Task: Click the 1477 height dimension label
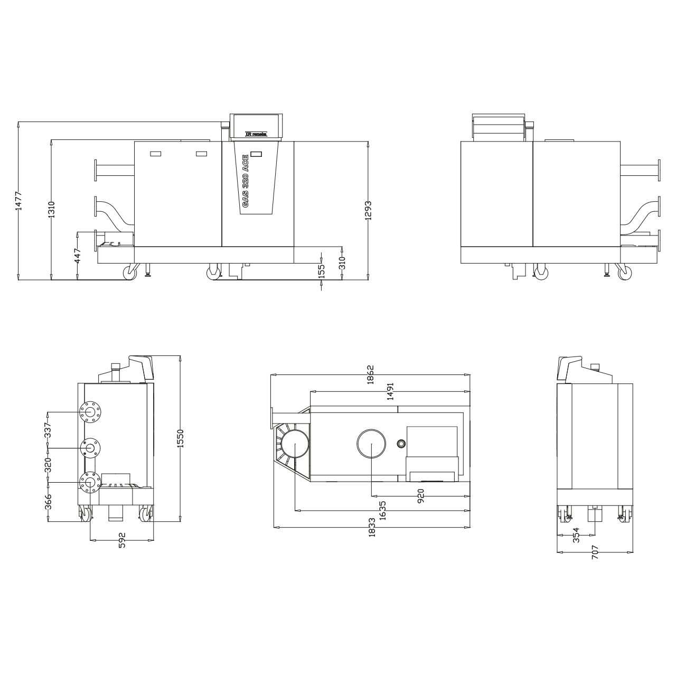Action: point(19,201)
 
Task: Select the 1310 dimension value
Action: point(52,210)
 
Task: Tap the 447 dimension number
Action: point(78,256)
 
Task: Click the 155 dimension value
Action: point(322,270)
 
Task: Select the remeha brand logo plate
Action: point(257,135)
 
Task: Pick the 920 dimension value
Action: point(420,496)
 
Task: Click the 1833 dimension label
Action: point(372,527)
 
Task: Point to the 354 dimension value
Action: point(576,534)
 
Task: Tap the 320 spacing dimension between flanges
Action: point(48,465)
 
